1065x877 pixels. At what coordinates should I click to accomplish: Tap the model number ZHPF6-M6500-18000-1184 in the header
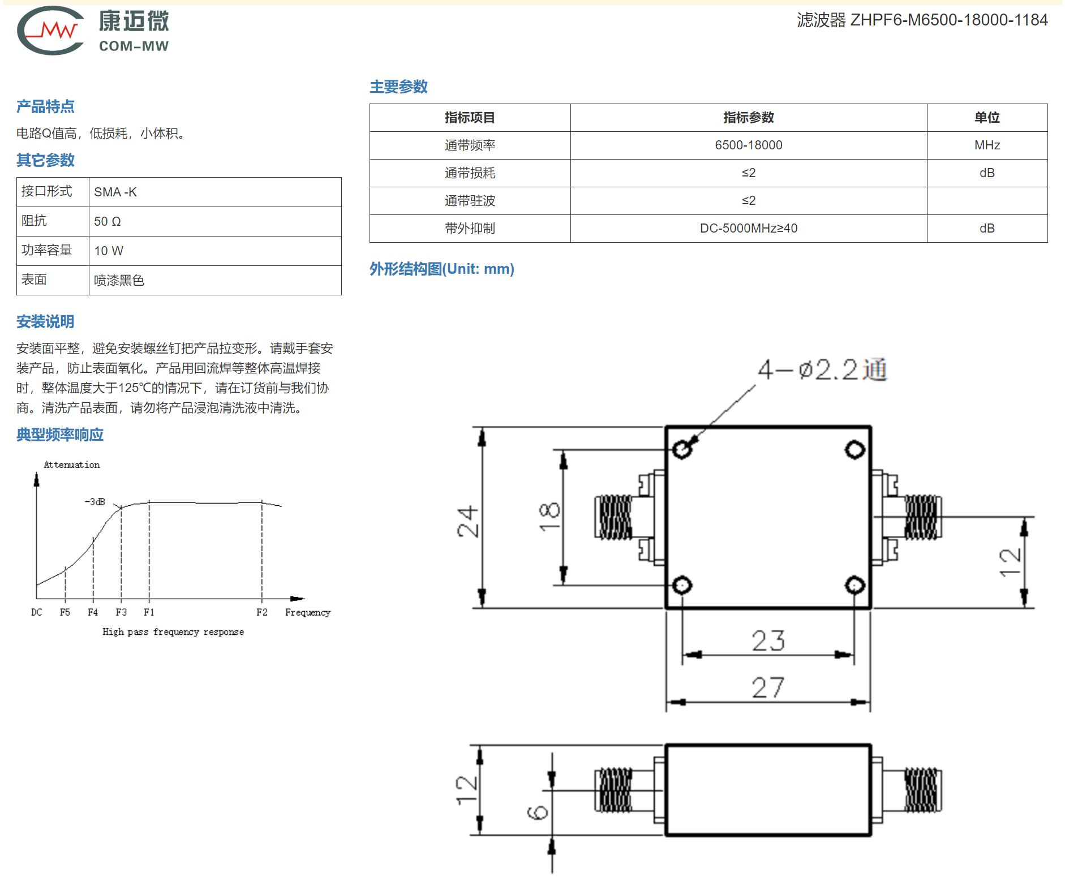948,20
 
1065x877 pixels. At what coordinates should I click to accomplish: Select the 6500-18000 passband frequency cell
748,145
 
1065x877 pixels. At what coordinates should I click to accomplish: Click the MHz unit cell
987,145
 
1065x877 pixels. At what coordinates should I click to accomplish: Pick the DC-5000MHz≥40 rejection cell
748,229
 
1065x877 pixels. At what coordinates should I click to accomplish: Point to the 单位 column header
987,118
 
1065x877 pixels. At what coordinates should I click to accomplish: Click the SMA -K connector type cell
115,192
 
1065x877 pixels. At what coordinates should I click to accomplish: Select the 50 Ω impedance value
108,222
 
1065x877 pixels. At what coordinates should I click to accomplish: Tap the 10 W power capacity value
109,251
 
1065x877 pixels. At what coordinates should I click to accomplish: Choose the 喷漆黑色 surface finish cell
119,281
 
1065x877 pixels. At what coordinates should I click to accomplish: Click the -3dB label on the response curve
95,502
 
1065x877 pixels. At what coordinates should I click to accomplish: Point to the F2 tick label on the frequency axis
262,612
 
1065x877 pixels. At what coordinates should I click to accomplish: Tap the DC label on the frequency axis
37,612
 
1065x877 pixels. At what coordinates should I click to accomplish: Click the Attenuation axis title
72,465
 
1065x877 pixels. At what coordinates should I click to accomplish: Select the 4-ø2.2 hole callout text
822,370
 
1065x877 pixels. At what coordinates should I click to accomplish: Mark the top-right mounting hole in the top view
854,450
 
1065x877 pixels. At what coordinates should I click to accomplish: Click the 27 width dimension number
768,688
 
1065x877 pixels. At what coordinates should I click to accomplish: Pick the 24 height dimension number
469,522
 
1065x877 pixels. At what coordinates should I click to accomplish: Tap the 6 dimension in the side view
538,813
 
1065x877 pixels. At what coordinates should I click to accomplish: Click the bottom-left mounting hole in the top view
682,585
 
